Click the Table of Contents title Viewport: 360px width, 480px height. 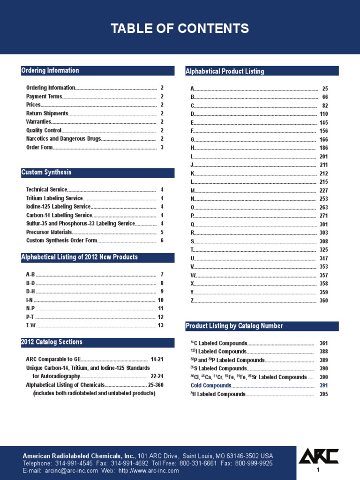(x=180, y=29)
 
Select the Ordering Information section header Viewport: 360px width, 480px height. (x=50, y=71)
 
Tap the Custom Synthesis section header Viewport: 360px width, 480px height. (x=46, y=172)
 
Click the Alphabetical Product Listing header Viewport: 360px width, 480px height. (x=225, y=71)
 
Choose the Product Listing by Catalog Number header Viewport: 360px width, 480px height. (x=234, y=326)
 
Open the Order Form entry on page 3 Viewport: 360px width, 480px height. (x=39, y=147)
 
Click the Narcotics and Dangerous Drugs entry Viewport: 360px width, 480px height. (x=63, y=139)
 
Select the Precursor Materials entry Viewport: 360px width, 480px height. (x=49, y=232)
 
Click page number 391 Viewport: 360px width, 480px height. (x=323, y=385)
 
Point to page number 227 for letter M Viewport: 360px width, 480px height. (x=323, y=190)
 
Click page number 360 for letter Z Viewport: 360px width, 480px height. (x=323, y=300)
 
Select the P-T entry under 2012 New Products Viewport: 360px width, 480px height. (x=30, y=317)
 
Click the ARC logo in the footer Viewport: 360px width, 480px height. (x=318, y=456)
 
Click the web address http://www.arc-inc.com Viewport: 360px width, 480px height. (x=149, y=471)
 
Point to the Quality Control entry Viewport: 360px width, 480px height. (x=44, y=130)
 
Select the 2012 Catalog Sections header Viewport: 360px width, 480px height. (x=52, y=342)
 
